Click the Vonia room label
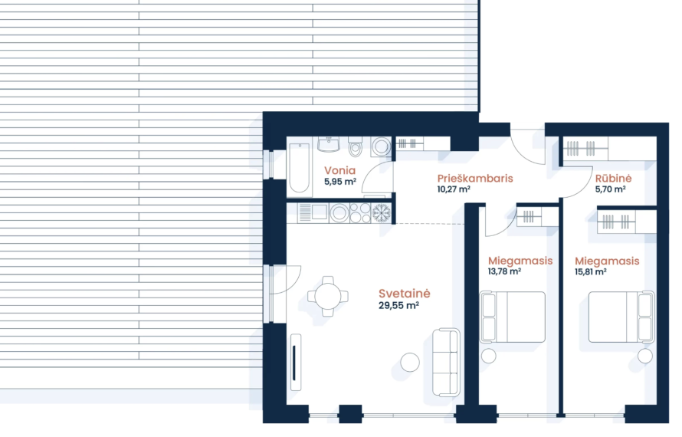coord(339,171)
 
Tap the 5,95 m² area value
coord(340,182)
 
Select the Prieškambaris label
coord(475,179)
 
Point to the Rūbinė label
coord(613,178)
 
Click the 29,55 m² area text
coord(398,306)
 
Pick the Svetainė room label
coord(404,294)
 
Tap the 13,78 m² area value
coord(504,271)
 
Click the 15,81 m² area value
coord(590,271)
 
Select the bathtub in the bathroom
coord(300,168)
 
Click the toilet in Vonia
coord(356,146)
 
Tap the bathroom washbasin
coord(329,144)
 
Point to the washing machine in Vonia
coord(382,146)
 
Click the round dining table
coord(328,297)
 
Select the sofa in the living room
coord(446,362)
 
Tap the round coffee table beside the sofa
coord(410,362)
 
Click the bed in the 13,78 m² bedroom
coord(513,317)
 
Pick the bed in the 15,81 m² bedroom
coord(621,317)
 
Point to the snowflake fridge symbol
coord(382,213)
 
